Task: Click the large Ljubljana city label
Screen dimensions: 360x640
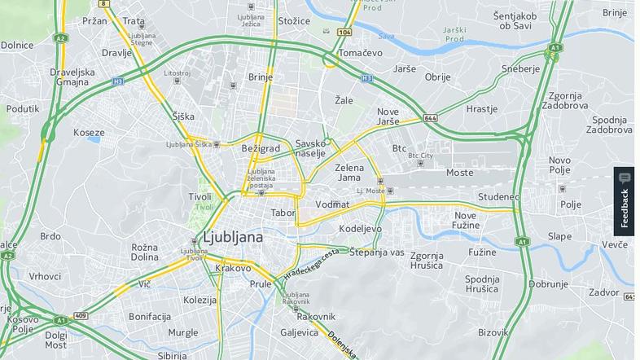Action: [x=232, y=237]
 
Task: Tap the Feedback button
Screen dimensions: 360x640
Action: [x=624, y=201]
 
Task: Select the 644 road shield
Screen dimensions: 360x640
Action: [x=430, y=118]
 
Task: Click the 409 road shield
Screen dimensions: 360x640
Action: [x=80, y=315]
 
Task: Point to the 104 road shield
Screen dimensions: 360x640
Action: [x=344, y=32]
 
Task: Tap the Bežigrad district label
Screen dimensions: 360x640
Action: [x=261, y=148]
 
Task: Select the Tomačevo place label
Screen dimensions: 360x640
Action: [x=361, y=53]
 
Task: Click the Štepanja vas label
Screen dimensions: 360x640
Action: [x=376, y=252]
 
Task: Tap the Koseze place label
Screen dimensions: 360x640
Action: [x=89, y=132]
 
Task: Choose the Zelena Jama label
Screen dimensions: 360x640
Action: [x=349, y=173]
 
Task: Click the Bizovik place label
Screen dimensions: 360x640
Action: [x=493, y=331]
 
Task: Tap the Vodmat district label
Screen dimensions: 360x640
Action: [x=332, y=204]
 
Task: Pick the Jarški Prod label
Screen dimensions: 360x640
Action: [x=454, y=34]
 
